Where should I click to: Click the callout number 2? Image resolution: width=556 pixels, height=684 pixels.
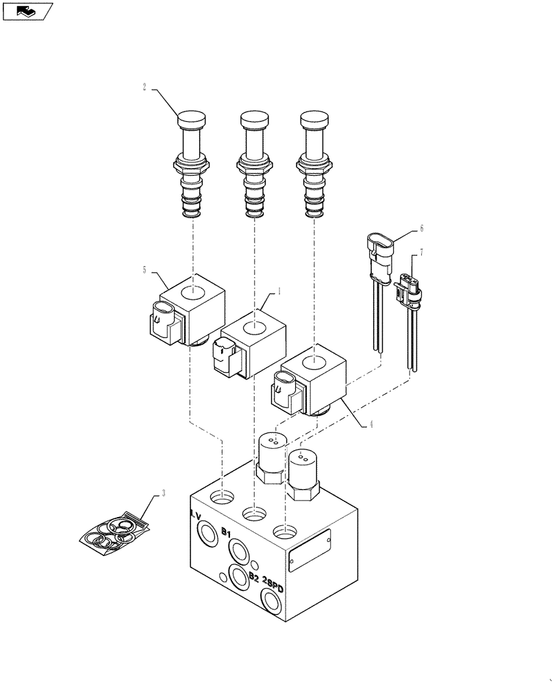(144, 88)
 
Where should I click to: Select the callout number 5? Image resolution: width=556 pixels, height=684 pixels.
(145, 270)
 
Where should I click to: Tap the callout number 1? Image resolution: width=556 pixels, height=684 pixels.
(279, 291)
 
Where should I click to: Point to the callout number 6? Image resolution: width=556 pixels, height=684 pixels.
(422, 228)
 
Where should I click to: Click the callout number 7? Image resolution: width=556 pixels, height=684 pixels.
(422, 253)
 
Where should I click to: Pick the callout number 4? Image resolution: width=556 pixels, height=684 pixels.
(370, 424)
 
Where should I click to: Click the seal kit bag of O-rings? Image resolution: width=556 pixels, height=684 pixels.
(113, 534)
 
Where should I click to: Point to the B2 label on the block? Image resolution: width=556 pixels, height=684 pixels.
(254, 577)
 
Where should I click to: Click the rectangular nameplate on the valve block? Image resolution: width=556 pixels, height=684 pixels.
(310, 550)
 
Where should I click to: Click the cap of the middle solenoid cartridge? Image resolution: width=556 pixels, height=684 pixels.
(253, 120)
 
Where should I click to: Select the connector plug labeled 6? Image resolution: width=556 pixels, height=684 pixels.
(377, 250)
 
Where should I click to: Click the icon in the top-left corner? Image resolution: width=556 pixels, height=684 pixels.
(27, 10)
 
